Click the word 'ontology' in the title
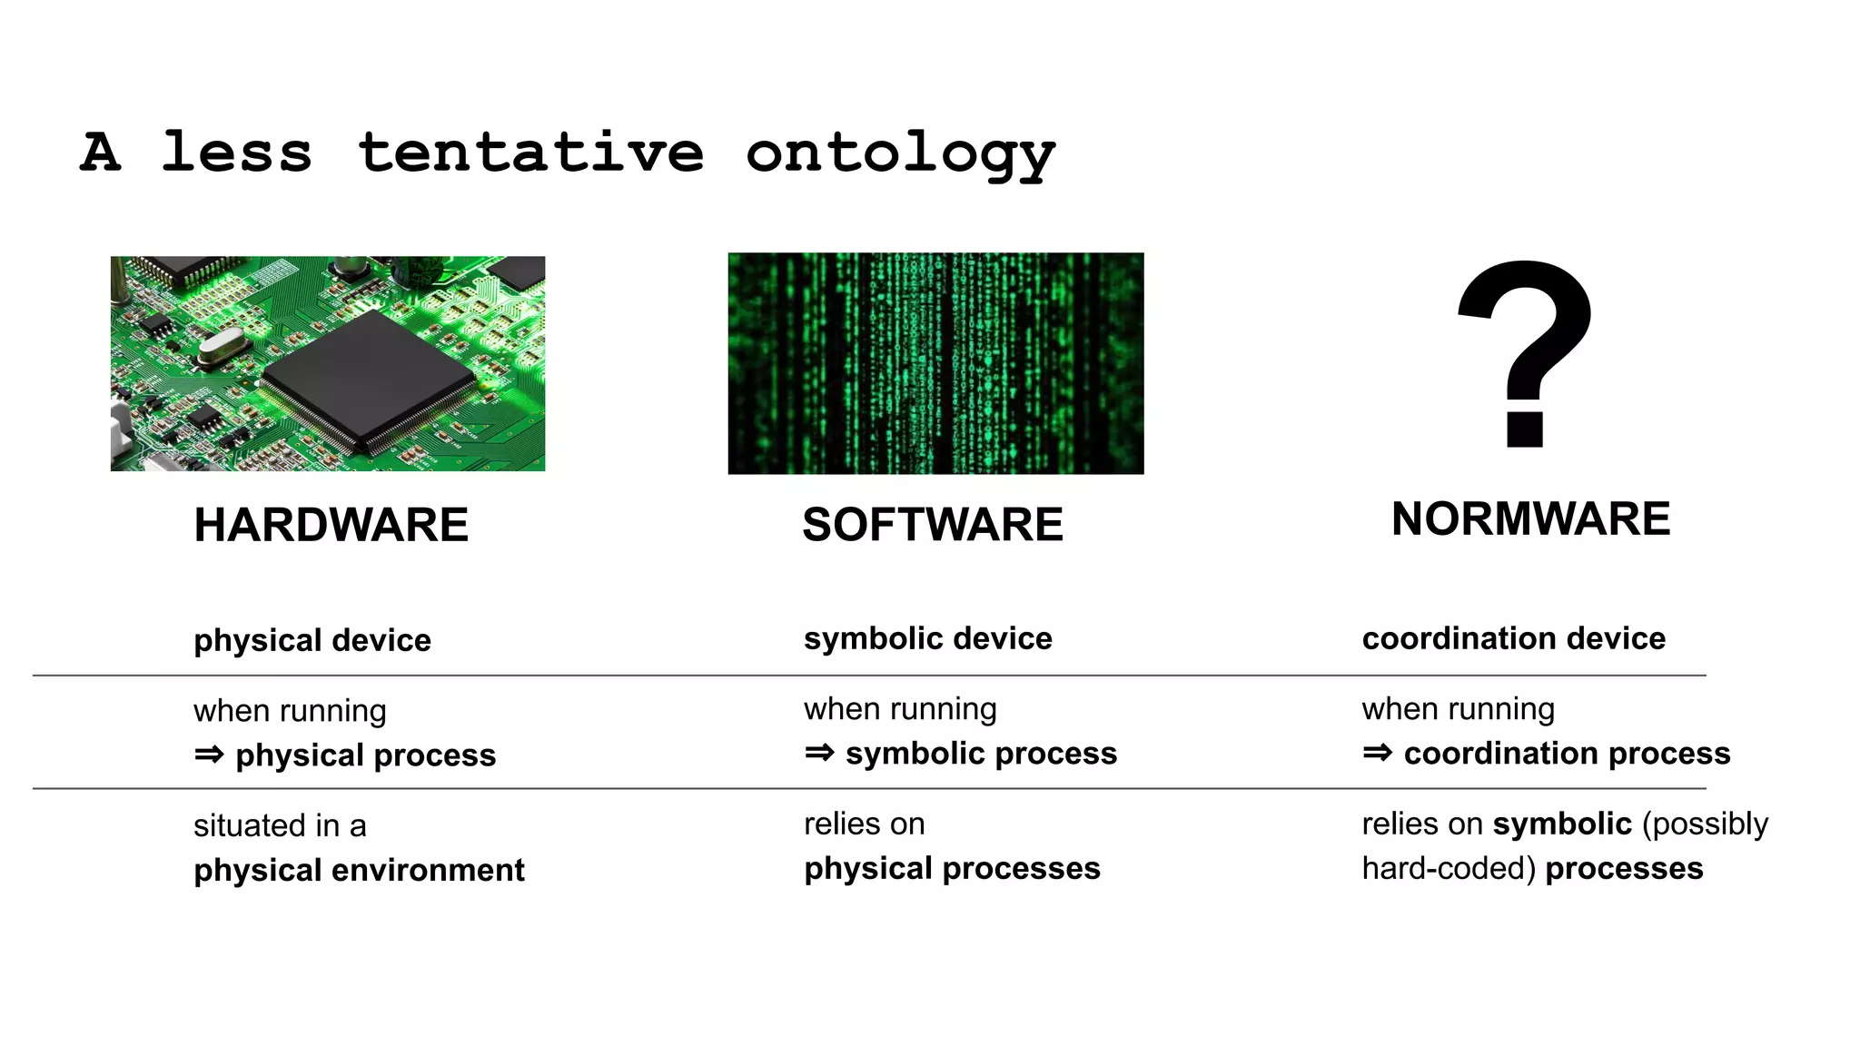[x=900, y=153]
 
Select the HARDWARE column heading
[x=331, y=525]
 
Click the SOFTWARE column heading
[x=933, y=525]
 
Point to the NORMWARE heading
[x=1530, y=519]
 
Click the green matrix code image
[x=935, y=363]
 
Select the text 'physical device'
[x=312, y=640]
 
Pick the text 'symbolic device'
[x=927, y=638]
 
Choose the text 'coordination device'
[x=1513, y=638]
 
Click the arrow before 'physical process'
[x=209, y=755]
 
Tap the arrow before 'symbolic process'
[x=819, y=753]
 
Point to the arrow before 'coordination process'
[x=1377, y=753]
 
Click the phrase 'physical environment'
[x=359, y=870]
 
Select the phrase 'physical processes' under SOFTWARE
[x=952, y=868]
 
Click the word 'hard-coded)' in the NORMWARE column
[x=1448, y=868]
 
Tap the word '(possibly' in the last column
[x=1705, y=824]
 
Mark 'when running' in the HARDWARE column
[x=290, y=710]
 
